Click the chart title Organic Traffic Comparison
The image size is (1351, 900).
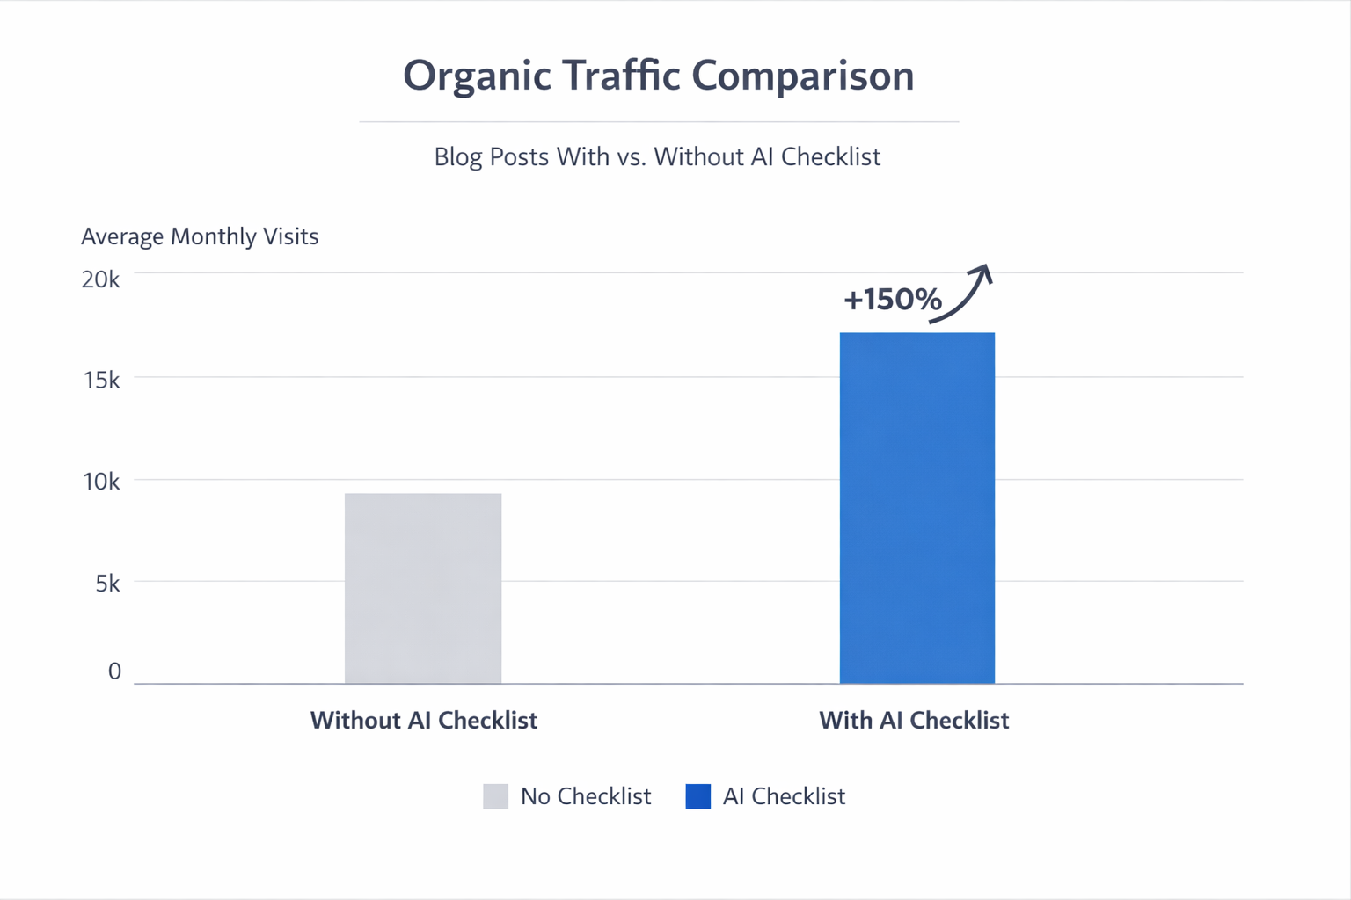click(658, 76)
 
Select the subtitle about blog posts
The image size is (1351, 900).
click(657, 157)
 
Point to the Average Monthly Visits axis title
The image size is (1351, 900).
click(200, 236)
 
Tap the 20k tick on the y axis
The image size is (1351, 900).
click(100, 279)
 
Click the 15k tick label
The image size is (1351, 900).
click(100, 380)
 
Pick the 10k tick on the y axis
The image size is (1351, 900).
click(100, 482)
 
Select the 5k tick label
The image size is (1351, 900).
click(106, 584)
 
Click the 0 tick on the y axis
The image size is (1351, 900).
click(114, 671)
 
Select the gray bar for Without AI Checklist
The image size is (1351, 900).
click(423, 588)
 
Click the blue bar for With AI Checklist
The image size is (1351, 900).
click(916, 507)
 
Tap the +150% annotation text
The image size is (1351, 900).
click(892, 300)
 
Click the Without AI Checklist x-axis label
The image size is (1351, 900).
click(423, 721)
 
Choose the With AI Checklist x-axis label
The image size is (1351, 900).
click(914, 721)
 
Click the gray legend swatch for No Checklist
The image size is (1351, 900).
click(495, 796)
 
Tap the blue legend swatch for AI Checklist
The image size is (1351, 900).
click(697, 796)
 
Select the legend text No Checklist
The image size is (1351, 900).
click(586, 796)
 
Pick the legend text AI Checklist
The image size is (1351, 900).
click(784, 796)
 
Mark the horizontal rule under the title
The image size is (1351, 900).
click(658, 121)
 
